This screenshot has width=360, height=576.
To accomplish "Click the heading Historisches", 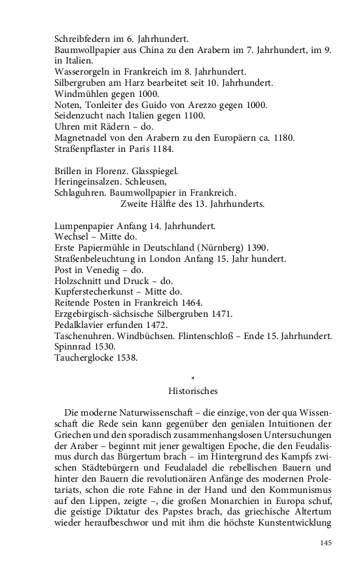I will coord(192,391).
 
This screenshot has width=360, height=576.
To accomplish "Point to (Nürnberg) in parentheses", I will coord(215,247).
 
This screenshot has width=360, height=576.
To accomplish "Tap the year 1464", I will coord(189,302).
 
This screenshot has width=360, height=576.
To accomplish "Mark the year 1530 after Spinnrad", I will coord(103,346).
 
